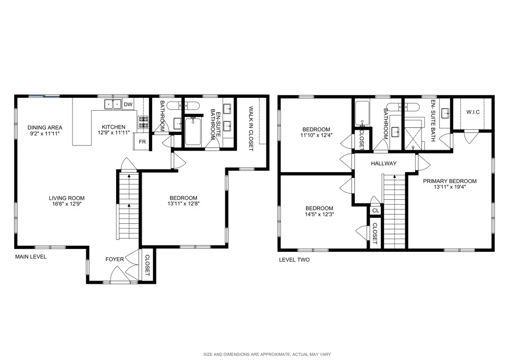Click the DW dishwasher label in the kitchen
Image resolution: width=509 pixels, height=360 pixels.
point(128,105)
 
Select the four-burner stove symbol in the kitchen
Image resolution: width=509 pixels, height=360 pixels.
point(143,122)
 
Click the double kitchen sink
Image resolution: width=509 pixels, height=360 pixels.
point(113,104)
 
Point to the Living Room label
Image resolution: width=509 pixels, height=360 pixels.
point(67,198)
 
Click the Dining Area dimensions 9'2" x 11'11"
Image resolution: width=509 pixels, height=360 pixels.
point(45,133)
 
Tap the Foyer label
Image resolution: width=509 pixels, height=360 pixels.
point(115,259)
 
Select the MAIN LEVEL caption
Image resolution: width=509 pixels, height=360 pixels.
point(31,257)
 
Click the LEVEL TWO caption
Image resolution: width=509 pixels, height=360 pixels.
point(294,260)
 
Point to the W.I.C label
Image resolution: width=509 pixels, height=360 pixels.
point(473,112)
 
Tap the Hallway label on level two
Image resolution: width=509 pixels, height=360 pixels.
point(384,163)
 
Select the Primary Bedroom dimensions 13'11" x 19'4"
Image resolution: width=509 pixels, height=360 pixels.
point(450,187)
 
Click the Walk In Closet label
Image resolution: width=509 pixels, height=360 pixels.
point(251,128)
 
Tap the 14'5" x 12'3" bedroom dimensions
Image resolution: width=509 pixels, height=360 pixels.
point(319,214)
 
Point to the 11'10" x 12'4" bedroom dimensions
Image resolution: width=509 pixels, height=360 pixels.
point(316,136)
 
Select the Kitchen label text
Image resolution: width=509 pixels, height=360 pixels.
point(114,127)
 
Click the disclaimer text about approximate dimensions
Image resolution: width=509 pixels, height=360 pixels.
point(267,354)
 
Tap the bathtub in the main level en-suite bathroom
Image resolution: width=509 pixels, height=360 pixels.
point(193,132)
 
